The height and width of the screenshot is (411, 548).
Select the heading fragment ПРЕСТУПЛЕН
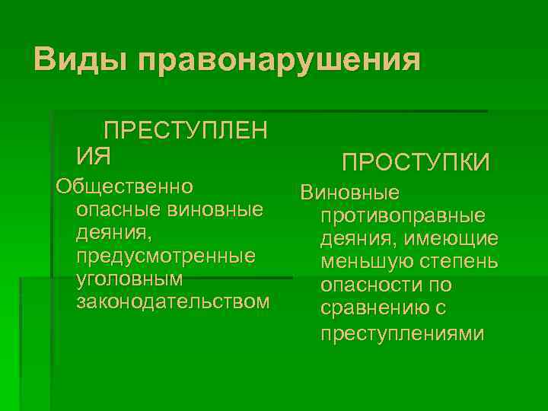[185, 131]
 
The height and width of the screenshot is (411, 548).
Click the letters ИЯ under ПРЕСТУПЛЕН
[94, 157]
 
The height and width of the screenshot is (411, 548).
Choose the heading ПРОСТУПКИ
[416, 162]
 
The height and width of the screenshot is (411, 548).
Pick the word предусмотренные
[166, 256]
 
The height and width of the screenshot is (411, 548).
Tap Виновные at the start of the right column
[350, 193]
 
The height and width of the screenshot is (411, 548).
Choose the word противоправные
[403, 217]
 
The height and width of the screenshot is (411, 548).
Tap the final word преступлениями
[402, 334]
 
